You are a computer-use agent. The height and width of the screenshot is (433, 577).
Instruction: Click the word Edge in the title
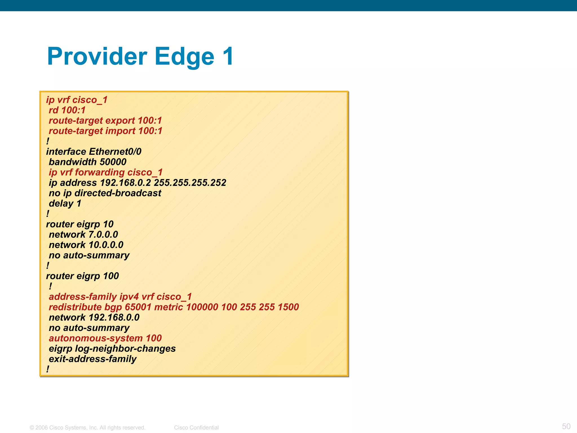tap(184, 56)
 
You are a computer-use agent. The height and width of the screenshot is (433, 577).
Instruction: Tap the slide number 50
tap(566, 426)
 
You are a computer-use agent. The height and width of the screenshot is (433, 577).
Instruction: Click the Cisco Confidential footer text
tap(196, 427)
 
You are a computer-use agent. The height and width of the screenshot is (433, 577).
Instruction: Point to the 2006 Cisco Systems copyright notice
tap(88, 427)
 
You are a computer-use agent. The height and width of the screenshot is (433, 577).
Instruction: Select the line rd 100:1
tap(67, 110)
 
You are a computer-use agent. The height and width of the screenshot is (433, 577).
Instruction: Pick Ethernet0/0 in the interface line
tap(115, 152)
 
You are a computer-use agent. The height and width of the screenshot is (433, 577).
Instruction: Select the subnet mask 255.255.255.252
tap(190, 183)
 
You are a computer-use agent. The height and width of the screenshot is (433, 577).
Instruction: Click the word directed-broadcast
tap(118, 193)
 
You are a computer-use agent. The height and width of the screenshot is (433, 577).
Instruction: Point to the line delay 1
tap(65, 204)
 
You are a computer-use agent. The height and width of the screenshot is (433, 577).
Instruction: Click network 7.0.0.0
tap(83, 235)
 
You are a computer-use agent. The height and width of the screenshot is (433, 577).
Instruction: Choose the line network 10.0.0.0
tap(86, 245)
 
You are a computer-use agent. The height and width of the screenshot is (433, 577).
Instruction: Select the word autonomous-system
tap(96, 338)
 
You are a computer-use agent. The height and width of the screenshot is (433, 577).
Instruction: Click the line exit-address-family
tap(93, 359)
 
